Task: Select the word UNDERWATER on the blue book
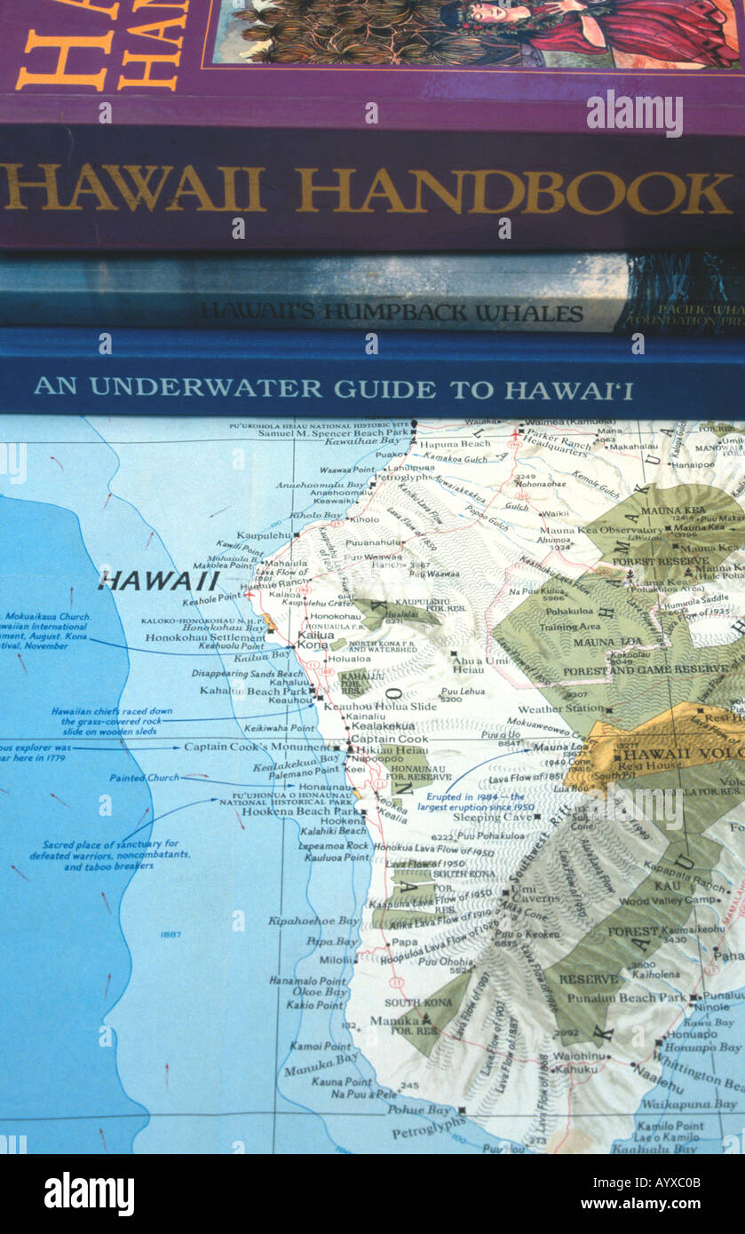coord(205,388)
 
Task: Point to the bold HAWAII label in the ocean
coord(159,581)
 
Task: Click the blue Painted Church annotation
coord(144,778)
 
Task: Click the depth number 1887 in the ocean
coord(170,935)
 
